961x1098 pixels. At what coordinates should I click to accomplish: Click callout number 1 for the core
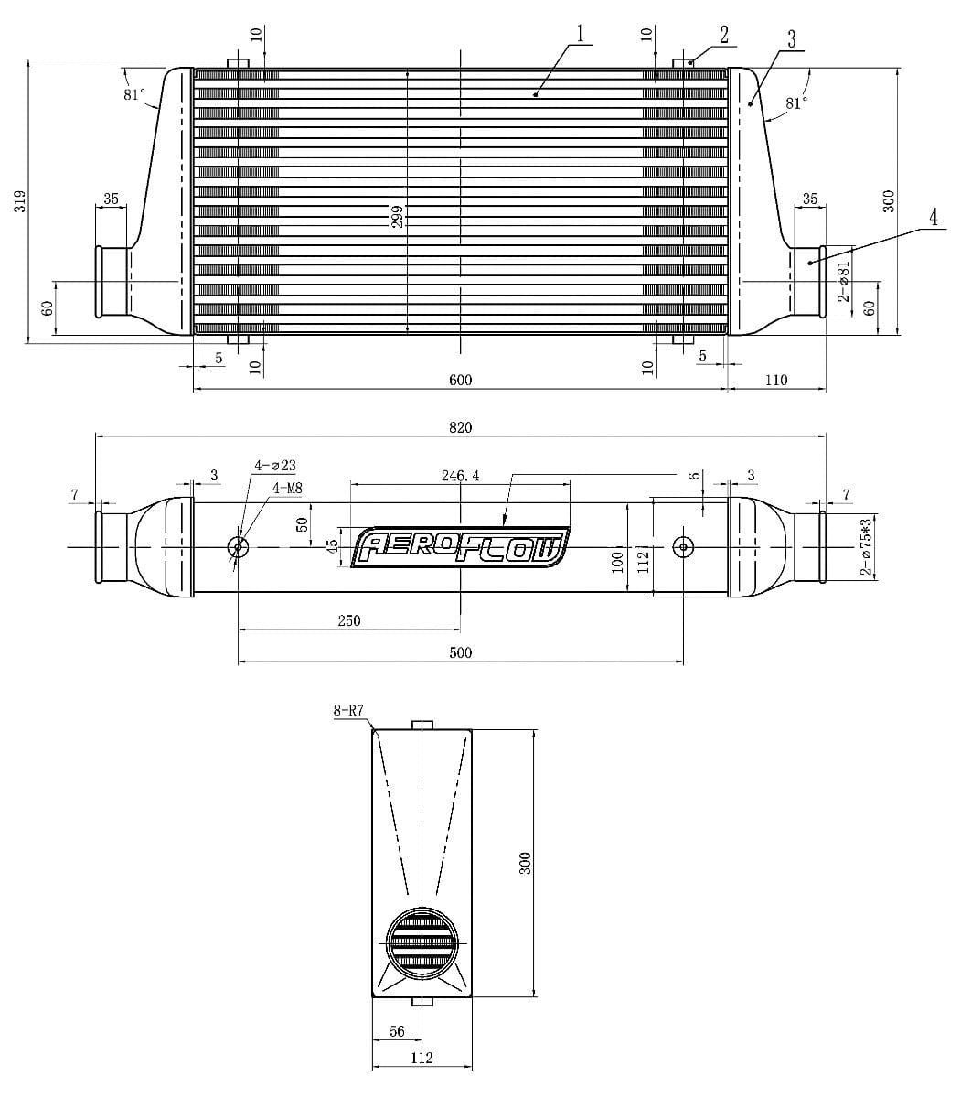[x=580, y=33]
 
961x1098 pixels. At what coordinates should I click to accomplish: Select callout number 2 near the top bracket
[x=723, y=36]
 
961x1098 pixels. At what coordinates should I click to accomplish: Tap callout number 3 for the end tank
[x=791, y=39]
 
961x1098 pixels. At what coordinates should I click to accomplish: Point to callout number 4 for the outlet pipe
[x=933, y=218]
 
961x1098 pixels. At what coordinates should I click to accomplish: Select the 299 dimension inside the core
[x=398, y=216]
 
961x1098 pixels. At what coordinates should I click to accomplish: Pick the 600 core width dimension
[x=461, y=380]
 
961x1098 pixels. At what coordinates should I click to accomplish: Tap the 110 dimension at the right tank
[x=775, y=380]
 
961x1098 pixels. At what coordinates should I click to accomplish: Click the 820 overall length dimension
[x=461, y=427]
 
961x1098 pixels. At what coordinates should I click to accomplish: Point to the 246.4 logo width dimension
[x=460, y=476]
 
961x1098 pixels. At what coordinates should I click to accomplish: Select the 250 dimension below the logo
[x=348, y=620]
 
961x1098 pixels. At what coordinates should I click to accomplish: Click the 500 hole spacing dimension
[x=461, y=653]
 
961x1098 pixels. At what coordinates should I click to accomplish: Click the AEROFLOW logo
[x=461, y=547]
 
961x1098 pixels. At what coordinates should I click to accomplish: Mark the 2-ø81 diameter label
[x=844, y=281]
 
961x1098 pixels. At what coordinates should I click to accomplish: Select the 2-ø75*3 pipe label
[x=864, y=546]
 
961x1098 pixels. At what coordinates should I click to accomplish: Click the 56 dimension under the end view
[x=397, y=1031]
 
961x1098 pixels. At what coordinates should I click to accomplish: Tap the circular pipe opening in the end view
[x=422, y=942]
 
